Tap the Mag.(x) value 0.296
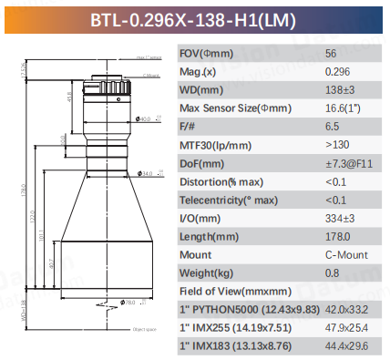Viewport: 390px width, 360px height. pos(336,72)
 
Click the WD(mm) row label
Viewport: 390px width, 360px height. pos(201,90)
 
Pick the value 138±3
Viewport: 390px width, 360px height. pos(339,90)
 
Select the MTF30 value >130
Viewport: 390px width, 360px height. pos(335,146)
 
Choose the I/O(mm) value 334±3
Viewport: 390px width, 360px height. pos(339,219)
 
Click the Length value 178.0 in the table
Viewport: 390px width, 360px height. pos(336,237)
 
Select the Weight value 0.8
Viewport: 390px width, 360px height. pos(332,274)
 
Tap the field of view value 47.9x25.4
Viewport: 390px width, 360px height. pos(346,329)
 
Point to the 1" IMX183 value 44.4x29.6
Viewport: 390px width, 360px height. pos(346,347)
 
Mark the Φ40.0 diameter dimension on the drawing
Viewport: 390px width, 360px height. pos(143,118)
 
